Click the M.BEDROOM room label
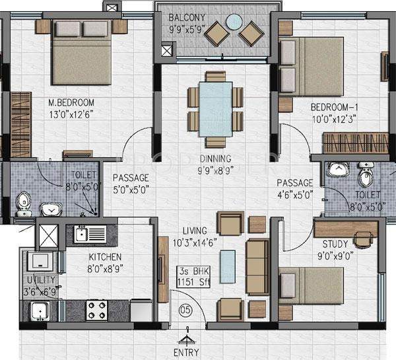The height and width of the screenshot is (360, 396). (71, 103)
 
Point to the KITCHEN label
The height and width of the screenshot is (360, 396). (107, 256)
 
